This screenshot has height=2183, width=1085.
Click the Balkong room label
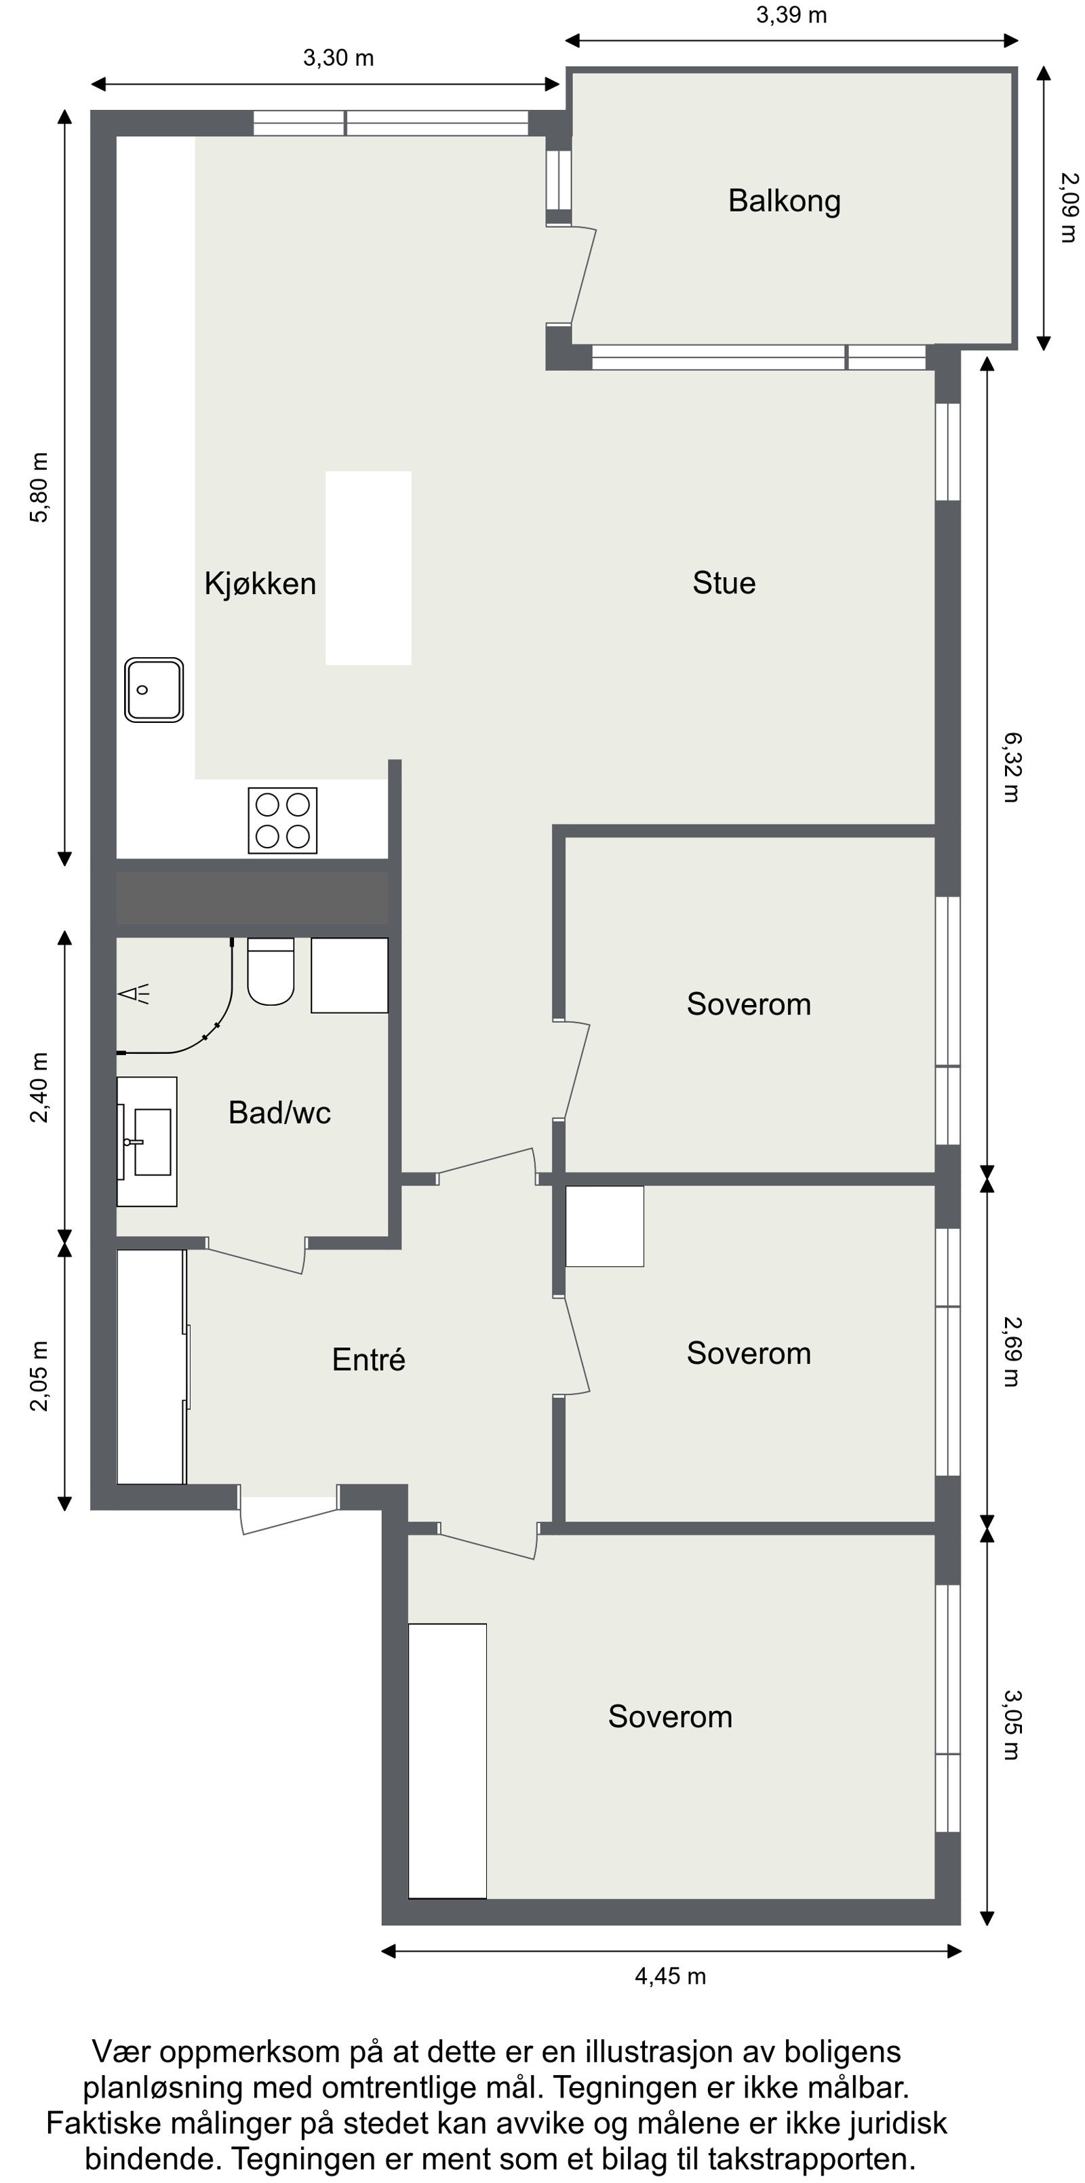coord(784,201)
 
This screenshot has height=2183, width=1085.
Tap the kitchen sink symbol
coord(153,689)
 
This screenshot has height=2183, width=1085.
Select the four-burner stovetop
coord(282,821)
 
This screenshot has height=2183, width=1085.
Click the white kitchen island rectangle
coord(368,568)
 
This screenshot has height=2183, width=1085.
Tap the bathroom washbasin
coord(149,1141)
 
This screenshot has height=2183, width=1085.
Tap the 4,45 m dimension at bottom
coord(670,1976)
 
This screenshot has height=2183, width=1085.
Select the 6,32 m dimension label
coord(1012,767)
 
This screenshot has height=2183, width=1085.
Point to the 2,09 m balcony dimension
coord(1069,207)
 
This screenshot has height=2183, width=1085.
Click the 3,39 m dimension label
coord(791,15)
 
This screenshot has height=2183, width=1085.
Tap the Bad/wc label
coord(279,1113)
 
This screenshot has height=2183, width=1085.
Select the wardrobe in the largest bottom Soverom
coord(447,1761)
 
